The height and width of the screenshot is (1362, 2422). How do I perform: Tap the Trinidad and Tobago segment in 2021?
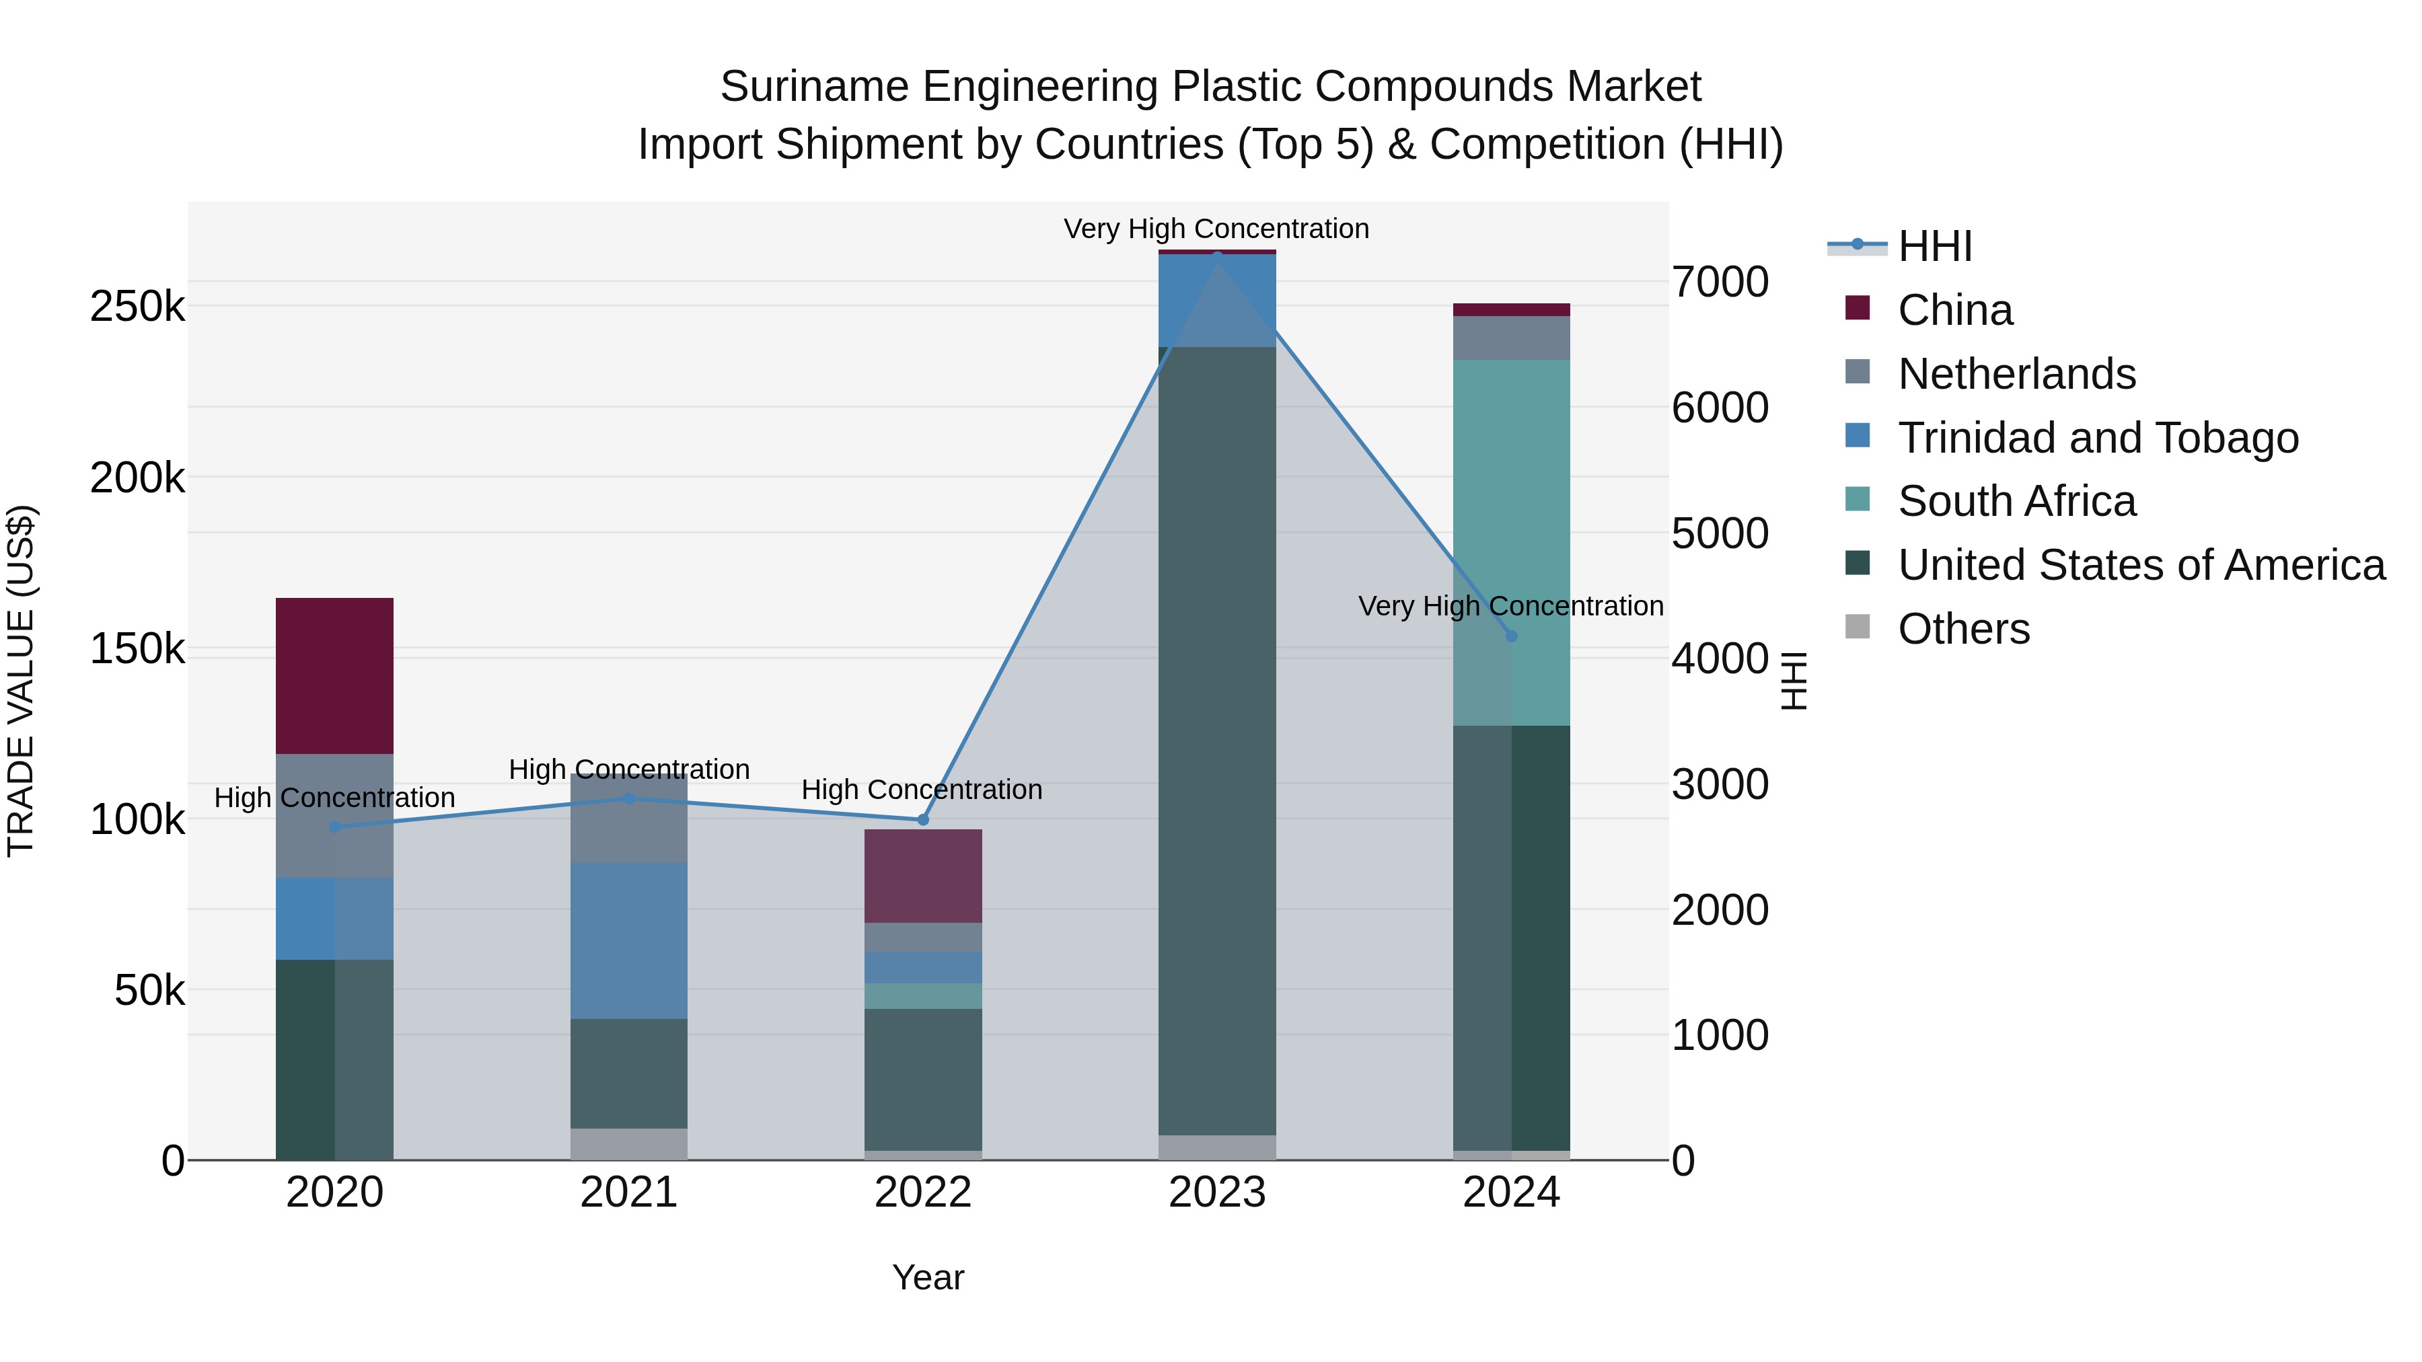(x=628, y=940)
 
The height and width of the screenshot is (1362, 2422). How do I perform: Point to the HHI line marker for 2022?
(x=922, y=820)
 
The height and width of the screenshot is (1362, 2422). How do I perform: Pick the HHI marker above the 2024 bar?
(x=1511, y=636)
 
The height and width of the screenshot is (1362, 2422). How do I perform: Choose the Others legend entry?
(x=1963, y=629)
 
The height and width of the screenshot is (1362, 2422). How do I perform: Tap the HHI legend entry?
(x=1935, y=246)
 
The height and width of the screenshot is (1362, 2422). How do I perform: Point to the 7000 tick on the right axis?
(x=1720, y=282)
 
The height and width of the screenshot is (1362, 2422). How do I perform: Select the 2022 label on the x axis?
(x=922, y=1193)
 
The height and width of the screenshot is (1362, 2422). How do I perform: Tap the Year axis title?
(x=927, y=1277)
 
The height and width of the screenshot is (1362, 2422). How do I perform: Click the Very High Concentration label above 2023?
(x=1216, y=229)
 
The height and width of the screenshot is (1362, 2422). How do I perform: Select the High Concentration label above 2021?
(x=628, y=769)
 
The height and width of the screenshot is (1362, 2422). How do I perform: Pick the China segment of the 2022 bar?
(x=922, y=875)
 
